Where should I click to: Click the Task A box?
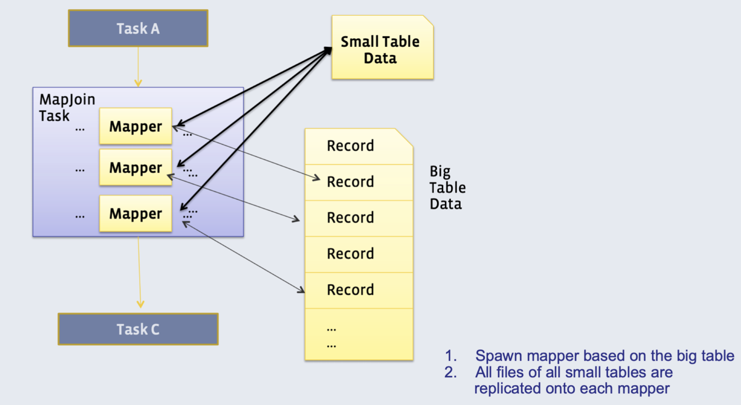[x=138, y=29]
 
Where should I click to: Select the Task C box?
[x=138, y=329]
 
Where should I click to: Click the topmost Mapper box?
[x=136, y=126]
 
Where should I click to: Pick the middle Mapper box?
[x=136, y=168]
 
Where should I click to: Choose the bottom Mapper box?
[x=136, y=214]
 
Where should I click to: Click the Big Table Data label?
[x=447, y=187]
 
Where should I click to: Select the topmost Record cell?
[x=351, y=146]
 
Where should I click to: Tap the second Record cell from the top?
[x=351, y=182]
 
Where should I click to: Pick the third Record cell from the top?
[x=351, y=218]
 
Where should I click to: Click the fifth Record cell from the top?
[x=351, y=290]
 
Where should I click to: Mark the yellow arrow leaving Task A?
[x=138, y=67]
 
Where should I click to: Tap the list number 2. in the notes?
[x=450, y=372]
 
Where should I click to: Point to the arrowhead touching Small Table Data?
[x=328, y=50]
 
